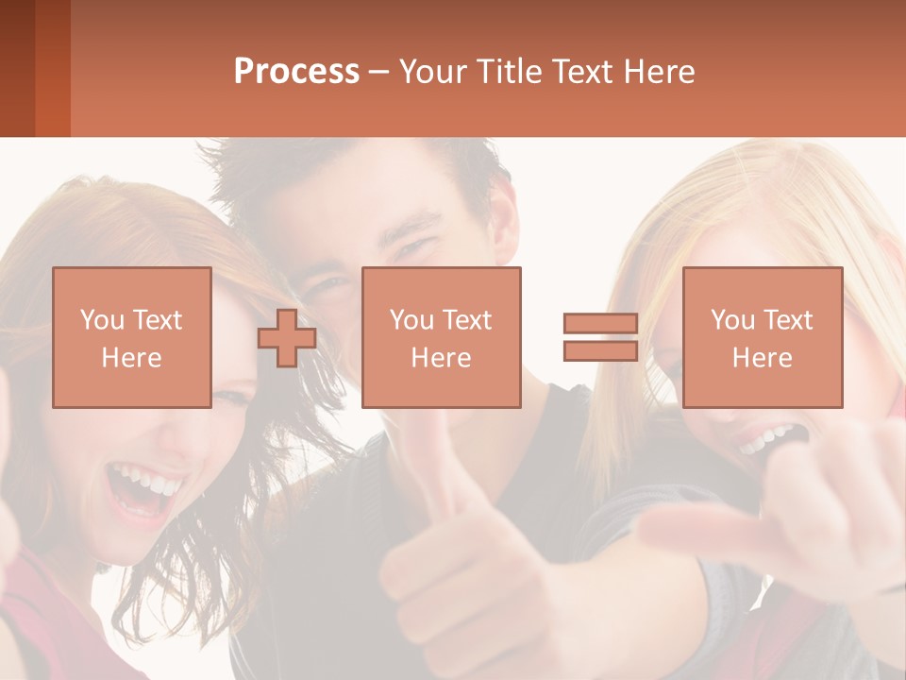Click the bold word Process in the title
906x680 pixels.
296,72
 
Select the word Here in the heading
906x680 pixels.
659,72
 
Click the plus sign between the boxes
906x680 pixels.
287,337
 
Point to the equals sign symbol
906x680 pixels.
600,337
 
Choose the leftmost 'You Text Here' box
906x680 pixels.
132,337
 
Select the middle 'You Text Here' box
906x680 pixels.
441,337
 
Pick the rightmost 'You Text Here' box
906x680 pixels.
762,337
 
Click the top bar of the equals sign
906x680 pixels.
600,324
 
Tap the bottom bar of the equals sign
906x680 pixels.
600,350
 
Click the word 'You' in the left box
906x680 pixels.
102,319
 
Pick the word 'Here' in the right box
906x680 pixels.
762,358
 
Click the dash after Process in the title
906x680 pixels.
379,72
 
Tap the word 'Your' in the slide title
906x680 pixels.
433,72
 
